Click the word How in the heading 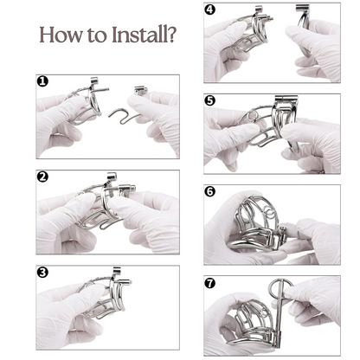(63, 37)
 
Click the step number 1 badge (42, 82)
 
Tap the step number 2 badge (42, 177)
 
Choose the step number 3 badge (42, 273)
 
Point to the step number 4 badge (210, 10)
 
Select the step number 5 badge (210, 100)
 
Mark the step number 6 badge (210, 190)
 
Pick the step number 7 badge (210, 281)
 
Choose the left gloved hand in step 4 (229, 48)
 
